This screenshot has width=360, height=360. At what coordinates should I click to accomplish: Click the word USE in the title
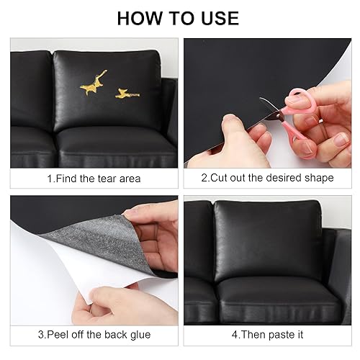tap(220, 19)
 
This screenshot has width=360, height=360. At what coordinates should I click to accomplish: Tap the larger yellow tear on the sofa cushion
tap(93, 83)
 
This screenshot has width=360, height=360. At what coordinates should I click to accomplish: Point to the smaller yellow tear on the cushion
tap(127, 94)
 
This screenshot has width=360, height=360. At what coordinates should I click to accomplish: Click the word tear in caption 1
tap(107, 179)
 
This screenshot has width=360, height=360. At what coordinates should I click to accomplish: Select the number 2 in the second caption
tap(204, 178)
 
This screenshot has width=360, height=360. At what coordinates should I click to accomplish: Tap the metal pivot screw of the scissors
tap(279, 116)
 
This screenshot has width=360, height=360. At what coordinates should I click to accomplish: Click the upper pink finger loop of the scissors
tap(297, 99)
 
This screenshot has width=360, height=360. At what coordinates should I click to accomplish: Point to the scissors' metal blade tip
tap(261, 98)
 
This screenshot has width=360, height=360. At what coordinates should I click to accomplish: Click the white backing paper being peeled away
tap(72, 274)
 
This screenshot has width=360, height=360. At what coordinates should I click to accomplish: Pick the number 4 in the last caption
tap(235, 335)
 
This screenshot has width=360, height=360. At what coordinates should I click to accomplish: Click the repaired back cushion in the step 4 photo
tap(268, 240)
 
